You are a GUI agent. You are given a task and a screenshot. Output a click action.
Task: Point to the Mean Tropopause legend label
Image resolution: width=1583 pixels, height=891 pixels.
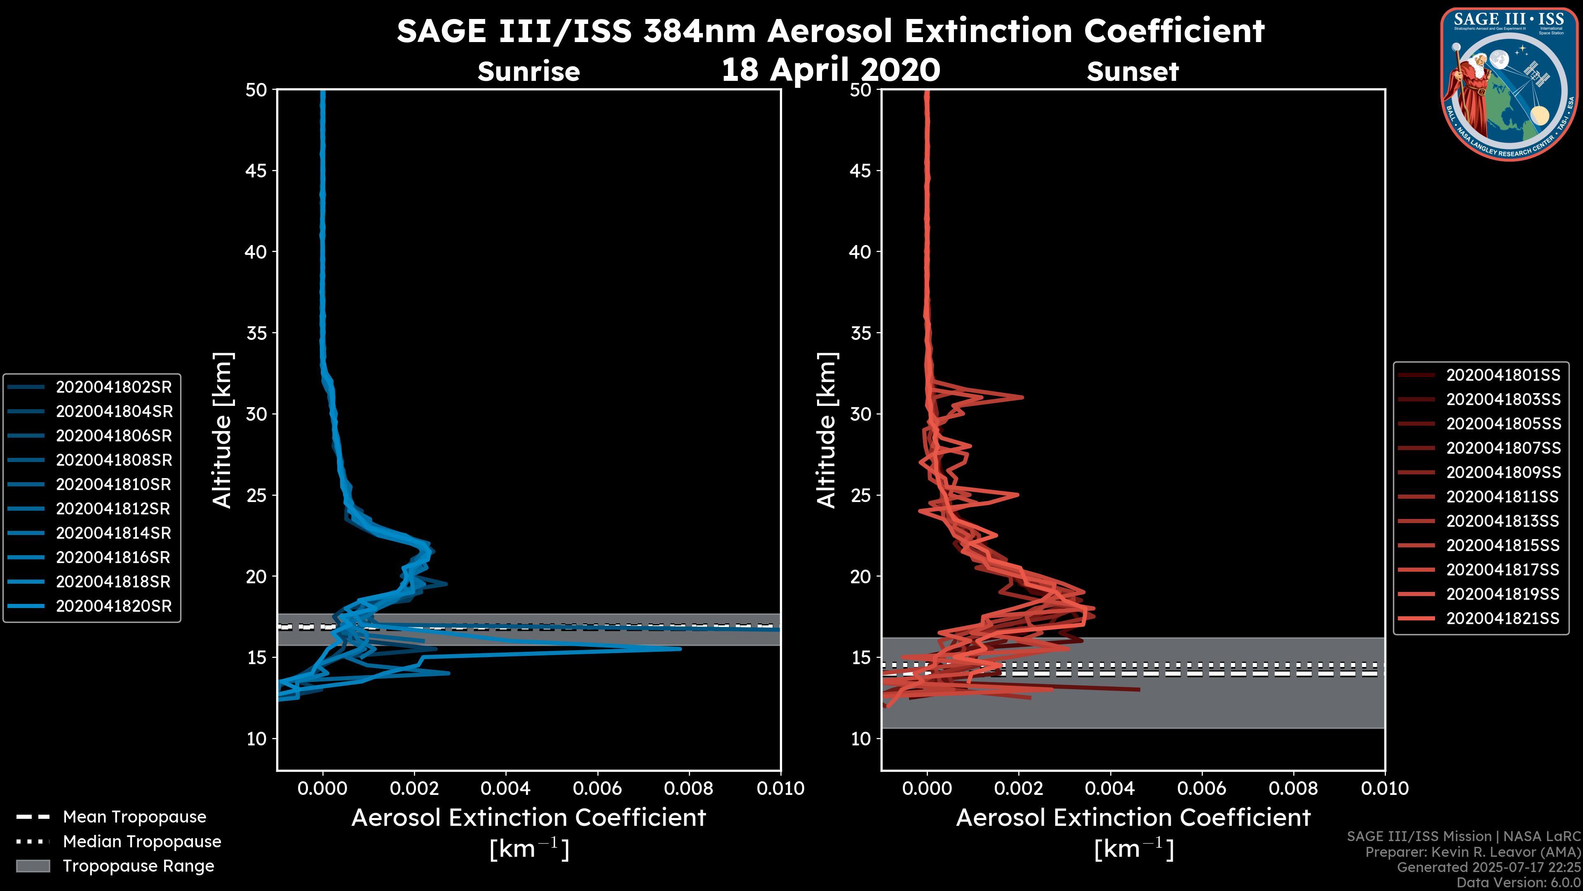pyautogui.click(x=134, y=817)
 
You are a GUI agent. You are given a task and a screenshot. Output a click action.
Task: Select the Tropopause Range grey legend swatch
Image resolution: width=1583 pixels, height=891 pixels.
pyautogui.click(x=33, y=866)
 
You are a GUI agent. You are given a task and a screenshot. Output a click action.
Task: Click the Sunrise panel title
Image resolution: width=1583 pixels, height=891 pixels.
pyautogui.click(x=528, y=71)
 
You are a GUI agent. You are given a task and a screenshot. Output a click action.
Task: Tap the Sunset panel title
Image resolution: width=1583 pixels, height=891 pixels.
pyautogui.click(x=1132, y=71)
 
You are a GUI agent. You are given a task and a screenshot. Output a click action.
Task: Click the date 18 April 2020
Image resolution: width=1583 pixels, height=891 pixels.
pyautogui.click(x=830, y=69)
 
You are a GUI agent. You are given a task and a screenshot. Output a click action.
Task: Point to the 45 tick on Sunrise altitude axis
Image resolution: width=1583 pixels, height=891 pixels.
pyautogui.click(x=257, y=170)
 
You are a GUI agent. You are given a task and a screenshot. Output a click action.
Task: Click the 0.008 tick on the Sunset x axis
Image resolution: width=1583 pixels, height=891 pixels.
pyautogui.click(x=1294, y=788)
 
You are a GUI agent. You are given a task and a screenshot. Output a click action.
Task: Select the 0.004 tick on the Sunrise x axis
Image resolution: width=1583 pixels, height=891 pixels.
pyautogui.click(x=506, y=788)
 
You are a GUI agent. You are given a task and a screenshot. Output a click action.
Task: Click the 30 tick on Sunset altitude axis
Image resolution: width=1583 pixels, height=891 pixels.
pyautogui.click(x=860, y=414)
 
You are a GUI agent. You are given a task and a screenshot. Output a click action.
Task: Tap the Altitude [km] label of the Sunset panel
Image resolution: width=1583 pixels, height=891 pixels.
pyautogui.click(x=827, y=430)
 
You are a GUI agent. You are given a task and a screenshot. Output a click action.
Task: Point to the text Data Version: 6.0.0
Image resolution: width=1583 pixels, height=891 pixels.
pyautogui.click(x=1519, y=882)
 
